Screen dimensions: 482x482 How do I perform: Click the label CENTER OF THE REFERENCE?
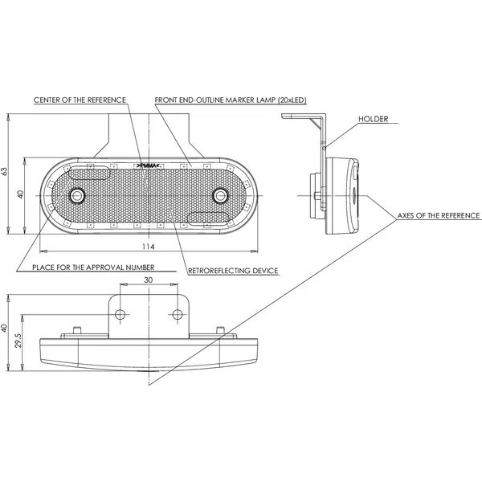pos(80,100)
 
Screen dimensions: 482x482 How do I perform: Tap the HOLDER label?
pos(374,119)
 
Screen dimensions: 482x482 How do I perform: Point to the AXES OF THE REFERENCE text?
pos(439,216)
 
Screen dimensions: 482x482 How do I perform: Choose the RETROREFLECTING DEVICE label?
pos(233,271)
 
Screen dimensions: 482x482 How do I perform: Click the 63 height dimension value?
pos(6,171)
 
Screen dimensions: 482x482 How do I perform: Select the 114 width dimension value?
pos(148,246)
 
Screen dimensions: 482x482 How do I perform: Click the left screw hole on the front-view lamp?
pos(77,195)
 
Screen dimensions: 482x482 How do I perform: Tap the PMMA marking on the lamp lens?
pos(149,164)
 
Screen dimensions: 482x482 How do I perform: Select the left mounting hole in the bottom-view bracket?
pos(121,312)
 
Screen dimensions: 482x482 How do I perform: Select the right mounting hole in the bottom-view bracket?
pos(176,312)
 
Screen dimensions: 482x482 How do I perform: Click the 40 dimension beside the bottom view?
pos(6,328)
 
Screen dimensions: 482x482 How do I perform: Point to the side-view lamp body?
pos(341,195)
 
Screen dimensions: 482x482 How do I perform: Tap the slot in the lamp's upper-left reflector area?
pos(89,172)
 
